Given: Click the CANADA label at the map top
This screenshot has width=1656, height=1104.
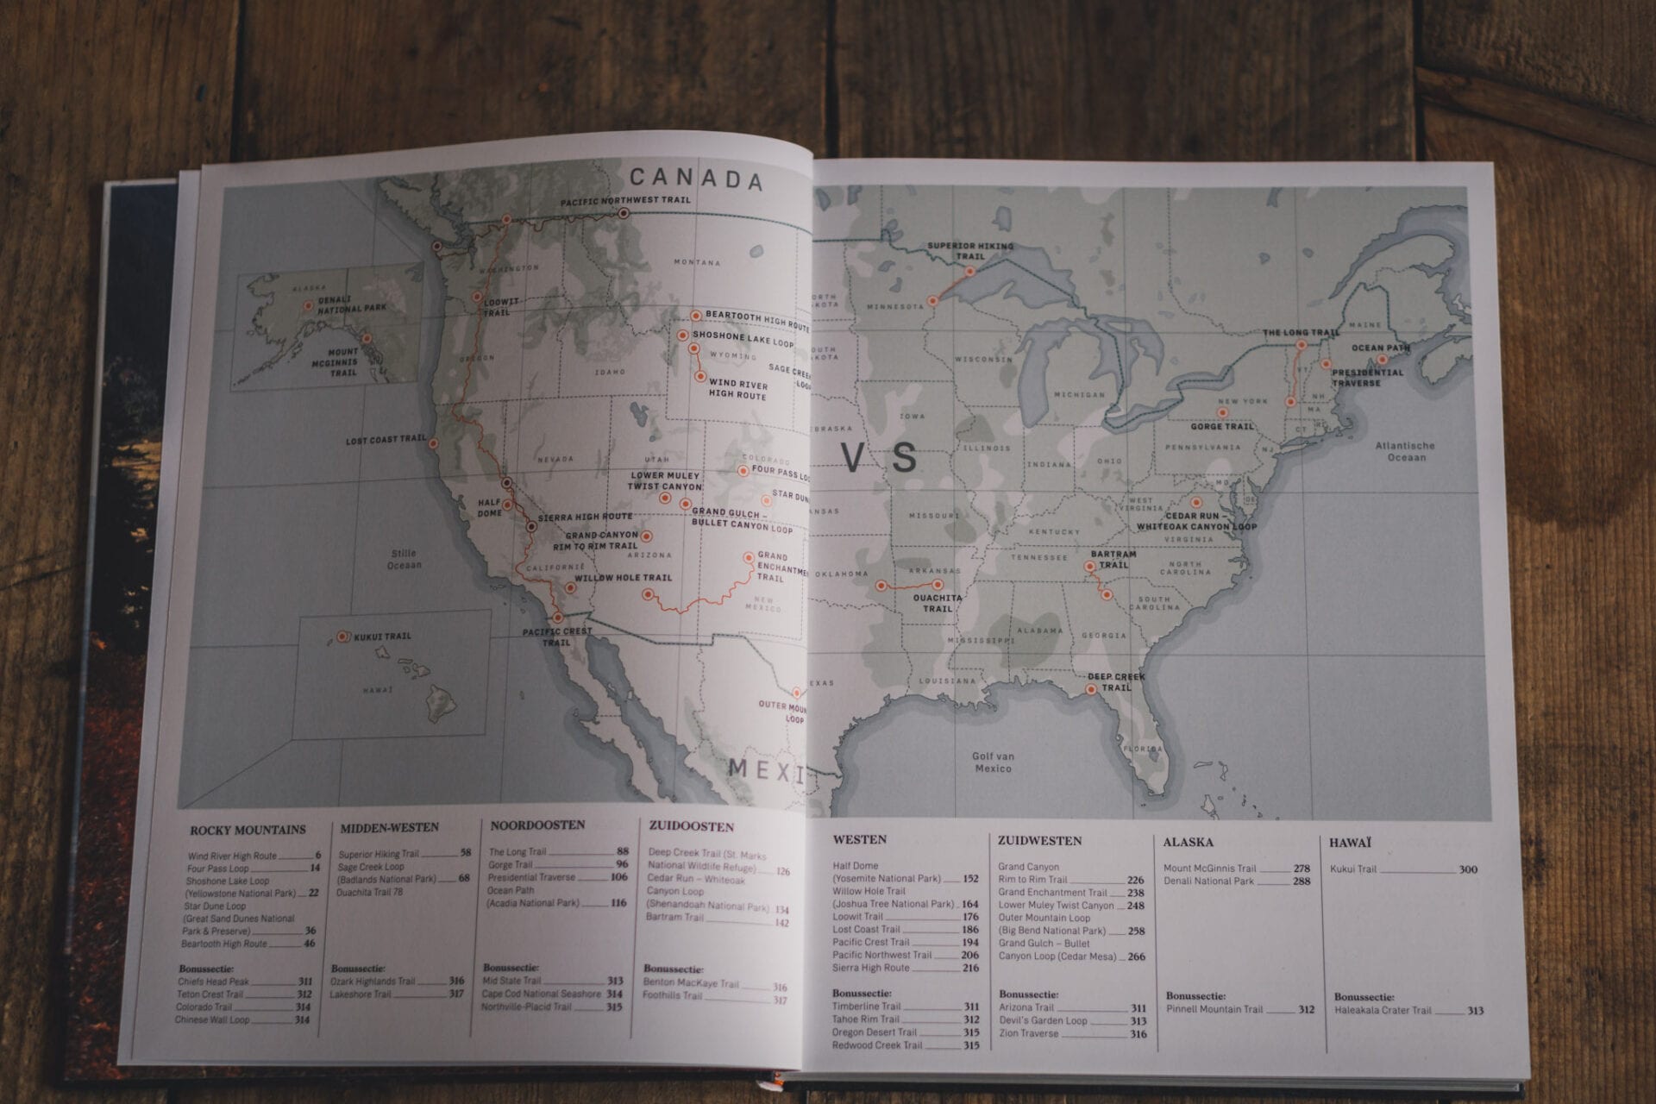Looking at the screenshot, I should point(696,179).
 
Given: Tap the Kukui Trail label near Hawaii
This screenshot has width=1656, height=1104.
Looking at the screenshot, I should point(382,637).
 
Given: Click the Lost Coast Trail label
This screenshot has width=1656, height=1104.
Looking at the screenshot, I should point(386,441).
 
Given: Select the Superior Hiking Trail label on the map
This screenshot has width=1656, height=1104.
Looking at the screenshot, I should point(970,251).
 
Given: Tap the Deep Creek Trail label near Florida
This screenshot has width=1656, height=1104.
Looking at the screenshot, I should point(1116,681).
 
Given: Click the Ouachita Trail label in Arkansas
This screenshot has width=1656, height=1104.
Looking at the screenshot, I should point(938,603).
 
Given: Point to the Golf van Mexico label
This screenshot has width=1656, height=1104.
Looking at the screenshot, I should point(993,762).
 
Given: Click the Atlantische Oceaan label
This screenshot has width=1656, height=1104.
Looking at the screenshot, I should point(1405,452).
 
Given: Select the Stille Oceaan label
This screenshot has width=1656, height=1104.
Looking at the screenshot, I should point(404,559).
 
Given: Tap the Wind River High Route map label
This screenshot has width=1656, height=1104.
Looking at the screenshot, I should point(737,389).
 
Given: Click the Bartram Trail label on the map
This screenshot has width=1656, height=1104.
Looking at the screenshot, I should point(1113,560).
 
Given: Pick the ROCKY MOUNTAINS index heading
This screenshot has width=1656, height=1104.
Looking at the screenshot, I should point(248,830).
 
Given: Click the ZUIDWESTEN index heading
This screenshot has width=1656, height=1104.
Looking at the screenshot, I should point(1039,840).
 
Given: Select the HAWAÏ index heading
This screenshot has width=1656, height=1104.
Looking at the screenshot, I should point(1350,843).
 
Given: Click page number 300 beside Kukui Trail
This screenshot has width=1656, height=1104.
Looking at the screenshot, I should point(1468,869).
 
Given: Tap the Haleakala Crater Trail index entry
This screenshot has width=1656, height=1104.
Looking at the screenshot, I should point(1383,1010).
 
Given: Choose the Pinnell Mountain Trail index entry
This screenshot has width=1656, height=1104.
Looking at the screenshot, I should point(1214,1008).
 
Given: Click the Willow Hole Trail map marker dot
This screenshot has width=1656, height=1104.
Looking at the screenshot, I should point(569,589).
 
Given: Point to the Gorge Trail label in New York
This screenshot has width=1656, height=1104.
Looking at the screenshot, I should point(1221,426).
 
